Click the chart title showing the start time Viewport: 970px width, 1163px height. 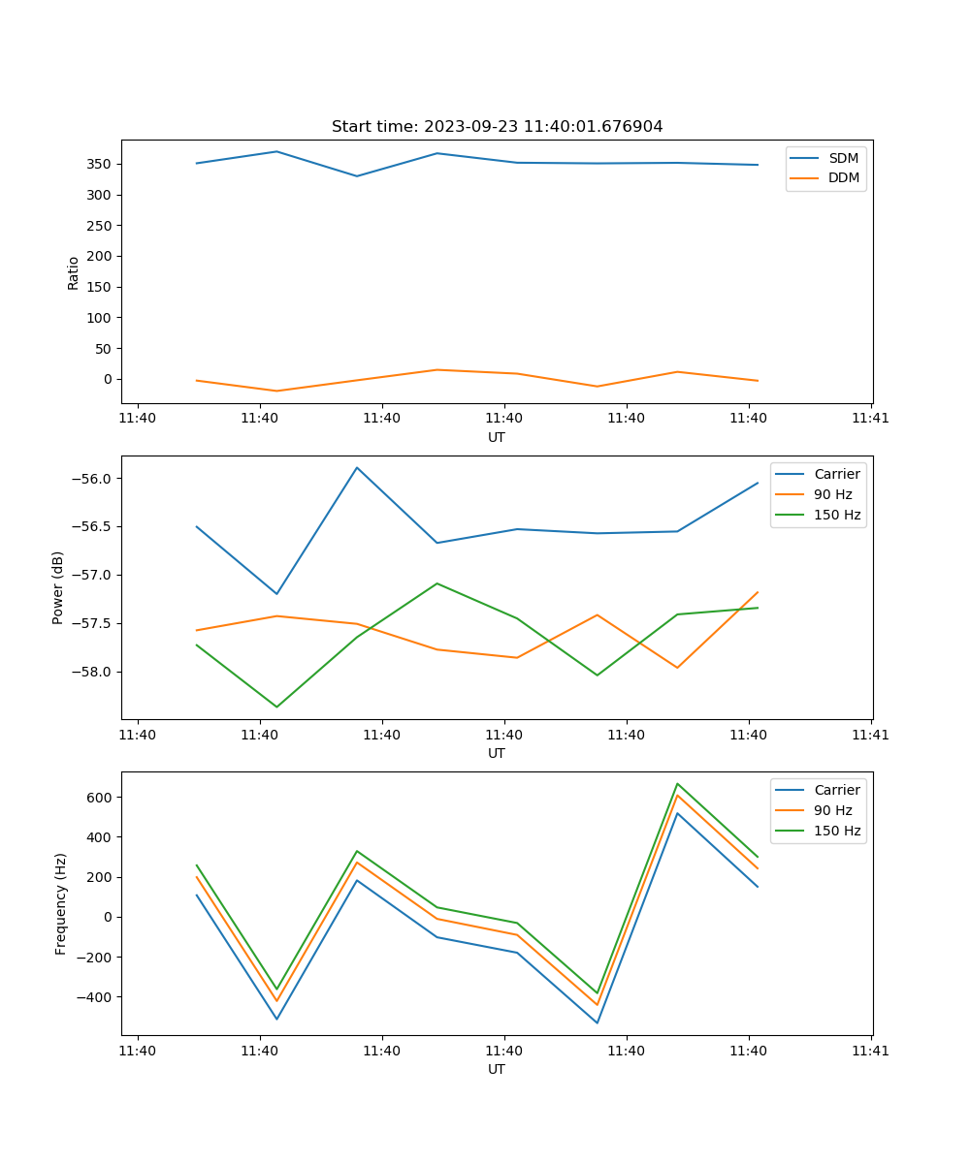497,127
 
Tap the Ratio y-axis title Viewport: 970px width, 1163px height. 74,272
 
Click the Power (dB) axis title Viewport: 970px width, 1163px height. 58,587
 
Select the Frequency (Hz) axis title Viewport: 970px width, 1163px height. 60,903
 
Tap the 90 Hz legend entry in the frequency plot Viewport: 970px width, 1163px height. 832,810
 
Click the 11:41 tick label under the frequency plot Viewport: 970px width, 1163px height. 871,1051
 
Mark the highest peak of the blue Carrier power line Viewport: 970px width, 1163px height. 357,468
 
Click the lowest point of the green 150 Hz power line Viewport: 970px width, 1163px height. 276,707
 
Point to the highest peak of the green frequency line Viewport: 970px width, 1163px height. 677,784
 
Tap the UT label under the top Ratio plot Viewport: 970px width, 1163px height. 497,437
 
